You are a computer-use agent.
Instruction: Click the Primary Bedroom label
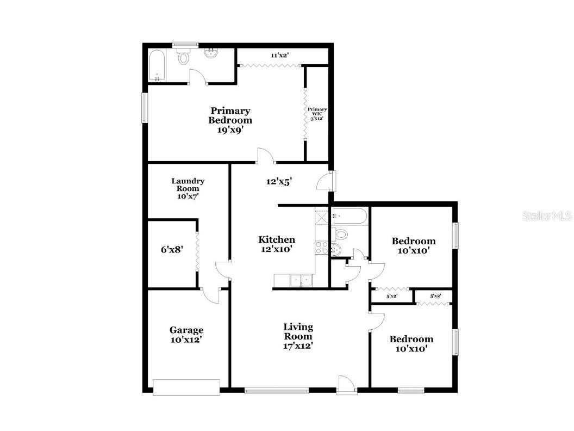[x=231, y=120]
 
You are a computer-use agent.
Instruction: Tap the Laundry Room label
[x=188, y=188]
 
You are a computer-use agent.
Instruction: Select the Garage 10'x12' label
[x=186, y=334]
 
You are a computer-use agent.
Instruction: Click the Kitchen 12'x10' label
[x=276, y=244]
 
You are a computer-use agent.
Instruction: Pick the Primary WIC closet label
[x=317, y=114]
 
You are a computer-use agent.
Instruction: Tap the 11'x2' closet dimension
[x=279, y=55]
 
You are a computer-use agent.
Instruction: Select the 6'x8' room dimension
[x=171, y=250]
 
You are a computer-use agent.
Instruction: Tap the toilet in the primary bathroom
[x=184, y=56]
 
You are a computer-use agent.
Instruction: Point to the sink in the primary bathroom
[x=210, y=53]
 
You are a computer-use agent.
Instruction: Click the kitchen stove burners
[x=321, y=248]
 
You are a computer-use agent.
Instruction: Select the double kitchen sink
[x=301, y=280]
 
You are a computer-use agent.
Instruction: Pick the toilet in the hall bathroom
[x=341, y=235]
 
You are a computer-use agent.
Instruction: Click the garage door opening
[x=186, y=386]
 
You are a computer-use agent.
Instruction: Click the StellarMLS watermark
[x=547, y=216]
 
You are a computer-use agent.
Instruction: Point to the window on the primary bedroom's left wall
[x=145, y=108]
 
